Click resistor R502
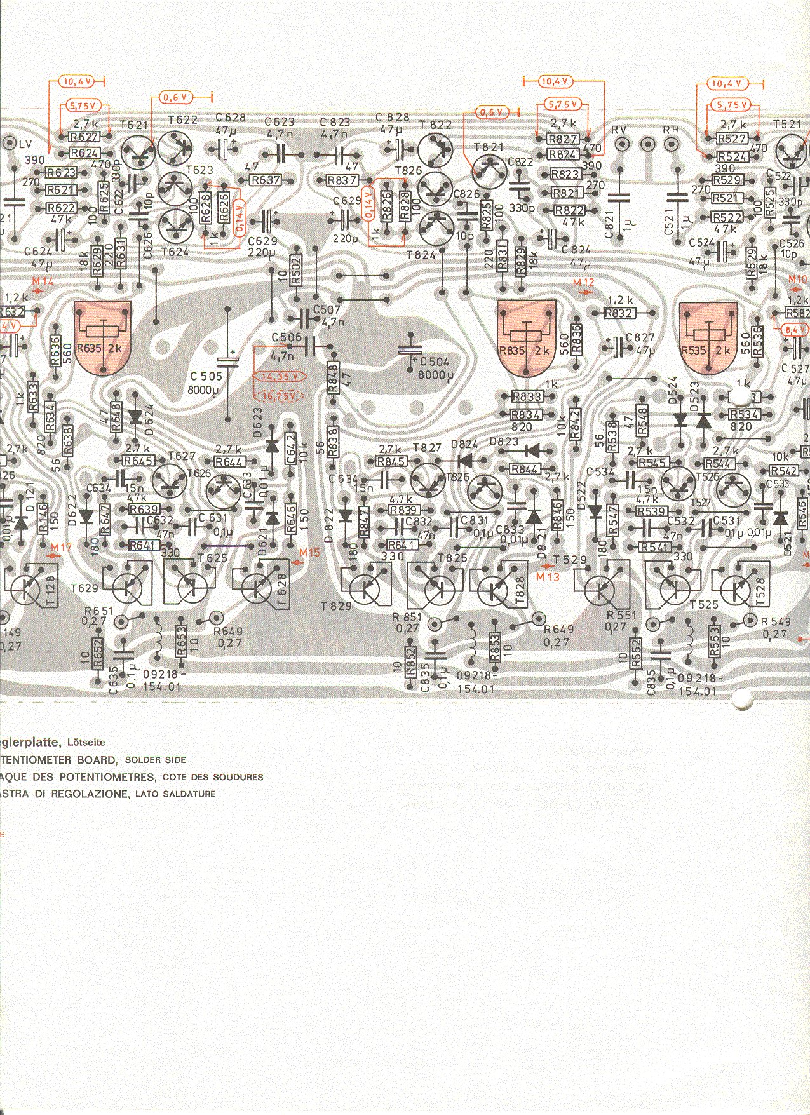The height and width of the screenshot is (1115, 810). [295, 272]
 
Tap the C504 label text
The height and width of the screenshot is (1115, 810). [433, 362]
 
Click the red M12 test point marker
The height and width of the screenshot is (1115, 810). [583, 282]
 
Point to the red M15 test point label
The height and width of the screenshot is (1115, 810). [309, 553]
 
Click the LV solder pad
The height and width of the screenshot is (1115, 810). [9, 143]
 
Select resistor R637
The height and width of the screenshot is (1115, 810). [266, 180]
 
